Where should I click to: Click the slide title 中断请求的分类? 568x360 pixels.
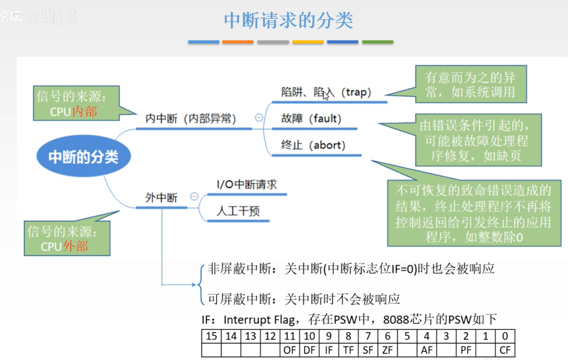point(288,20)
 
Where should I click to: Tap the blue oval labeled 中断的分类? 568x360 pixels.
point(83,157)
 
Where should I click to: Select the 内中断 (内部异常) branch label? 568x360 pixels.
point(190,119)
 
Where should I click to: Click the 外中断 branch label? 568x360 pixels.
point(161,198)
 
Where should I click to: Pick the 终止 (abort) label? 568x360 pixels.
point(313,145)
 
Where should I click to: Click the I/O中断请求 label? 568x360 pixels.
point(247,185)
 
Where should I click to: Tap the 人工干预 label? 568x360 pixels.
point(238,211)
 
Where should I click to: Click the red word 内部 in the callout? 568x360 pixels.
point(84,111)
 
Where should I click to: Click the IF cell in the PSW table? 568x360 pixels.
point(329,350)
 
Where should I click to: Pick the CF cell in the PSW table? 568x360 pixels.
point(505,350)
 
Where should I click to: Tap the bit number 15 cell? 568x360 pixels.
point(212,336)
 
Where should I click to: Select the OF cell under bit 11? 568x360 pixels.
point(290,350)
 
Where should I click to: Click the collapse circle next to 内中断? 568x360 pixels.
point(259,118)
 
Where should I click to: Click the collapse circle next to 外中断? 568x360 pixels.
point(194,197)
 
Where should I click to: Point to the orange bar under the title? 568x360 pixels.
point(238,42)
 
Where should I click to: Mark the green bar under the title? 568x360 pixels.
point(377,42)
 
